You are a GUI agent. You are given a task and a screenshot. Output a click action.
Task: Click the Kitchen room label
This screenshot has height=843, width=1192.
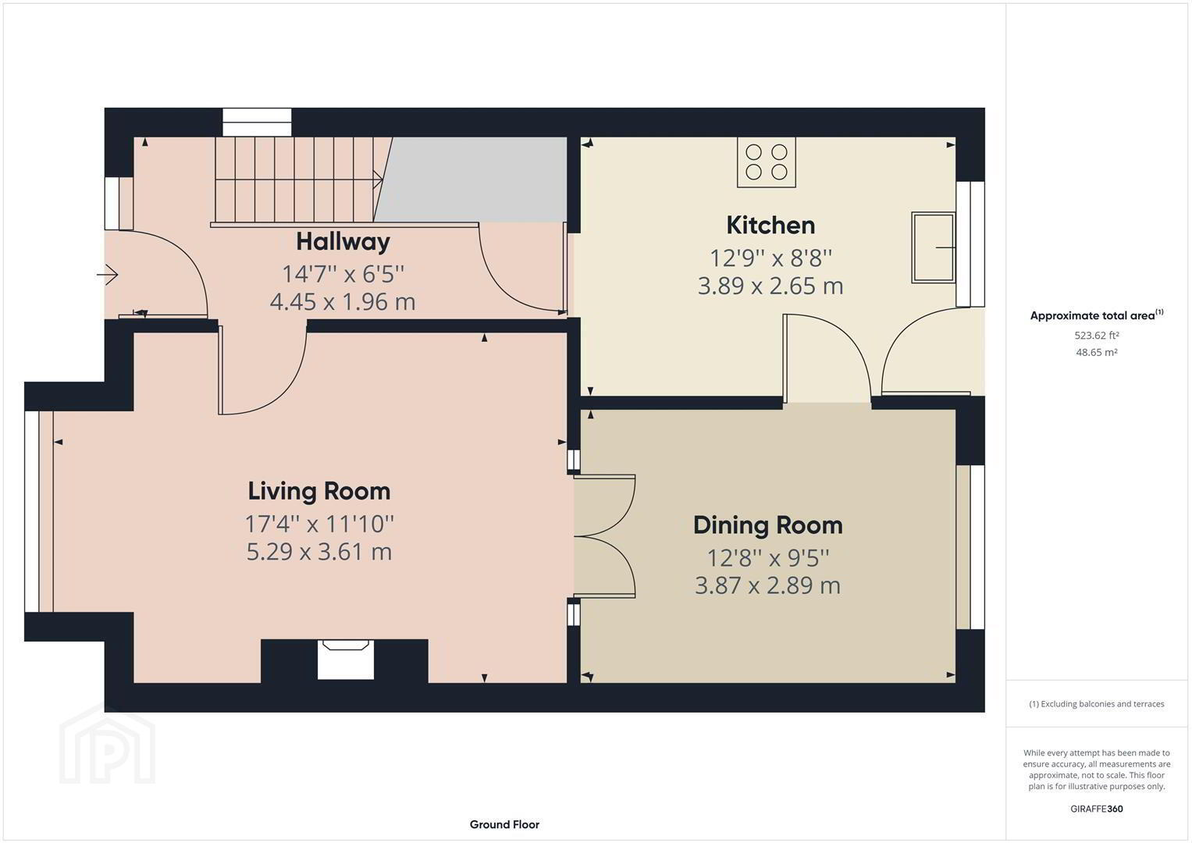point(770,225)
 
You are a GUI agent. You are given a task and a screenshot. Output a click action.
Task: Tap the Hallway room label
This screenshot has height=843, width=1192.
point(343,242)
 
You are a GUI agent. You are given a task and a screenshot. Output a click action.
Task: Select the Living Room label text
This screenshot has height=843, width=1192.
point(319,491)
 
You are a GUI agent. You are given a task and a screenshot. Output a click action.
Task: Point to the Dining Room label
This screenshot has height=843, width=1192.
point(768,525)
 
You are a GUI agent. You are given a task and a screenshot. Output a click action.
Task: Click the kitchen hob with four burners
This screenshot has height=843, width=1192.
point(767,162)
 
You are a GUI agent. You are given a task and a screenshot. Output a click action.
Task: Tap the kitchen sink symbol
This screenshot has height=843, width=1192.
point(934,247)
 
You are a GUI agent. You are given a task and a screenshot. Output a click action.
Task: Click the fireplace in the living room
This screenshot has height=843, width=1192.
point(345,660)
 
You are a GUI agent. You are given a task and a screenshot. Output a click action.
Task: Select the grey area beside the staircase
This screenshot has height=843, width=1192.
point(471,180)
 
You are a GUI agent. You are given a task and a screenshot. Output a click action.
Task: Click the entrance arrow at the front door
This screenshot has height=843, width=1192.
point(107,275)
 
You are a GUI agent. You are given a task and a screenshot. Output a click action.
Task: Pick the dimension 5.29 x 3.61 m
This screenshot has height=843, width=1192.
point(319,551)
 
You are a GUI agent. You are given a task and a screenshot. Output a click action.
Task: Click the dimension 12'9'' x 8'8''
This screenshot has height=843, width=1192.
point(770,258)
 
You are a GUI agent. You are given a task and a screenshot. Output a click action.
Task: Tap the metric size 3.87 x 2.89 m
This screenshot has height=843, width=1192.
point(768,585)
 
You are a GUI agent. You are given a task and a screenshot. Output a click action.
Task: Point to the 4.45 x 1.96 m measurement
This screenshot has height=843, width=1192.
point(343,302)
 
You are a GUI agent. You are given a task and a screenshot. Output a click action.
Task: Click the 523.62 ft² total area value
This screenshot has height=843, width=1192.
point(1097,336)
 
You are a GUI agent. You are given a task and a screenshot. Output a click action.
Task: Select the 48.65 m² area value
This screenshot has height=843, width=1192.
point(1097,352)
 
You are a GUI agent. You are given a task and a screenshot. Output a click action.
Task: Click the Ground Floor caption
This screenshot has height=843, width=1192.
point(504,824)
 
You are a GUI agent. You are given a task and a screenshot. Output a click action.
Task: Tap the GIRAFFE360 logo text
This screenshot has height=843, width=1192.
point(1097,809)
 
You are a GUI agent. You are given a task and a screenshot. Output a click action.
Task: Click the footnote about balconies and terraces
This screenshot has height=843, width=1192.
point(1097,704)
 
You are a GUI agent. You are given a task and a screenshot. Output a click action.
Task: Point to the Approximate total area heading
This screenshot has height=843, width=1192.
point(1097,315)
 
